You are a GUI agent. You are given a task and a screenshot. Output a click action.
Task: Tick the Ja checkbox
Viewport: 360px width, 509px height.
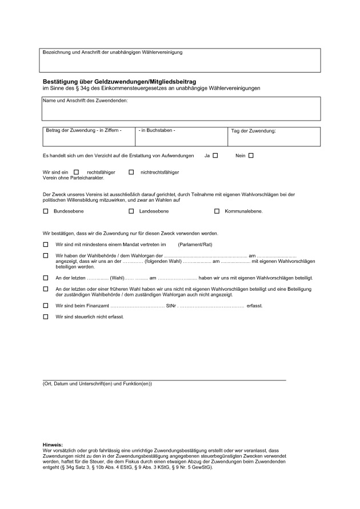pos(215,155)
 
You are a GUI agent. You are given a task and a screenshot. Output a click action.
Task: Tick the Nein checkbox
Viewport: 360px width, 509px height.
pos(250,155)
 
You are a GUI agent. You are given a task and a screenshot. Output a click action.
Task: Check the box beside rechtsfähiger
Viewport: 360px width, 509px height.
pos(77,171)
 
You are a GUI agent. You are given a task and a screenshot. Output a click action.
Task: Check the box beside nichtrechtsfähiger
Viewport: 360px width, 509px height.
pos(131,171)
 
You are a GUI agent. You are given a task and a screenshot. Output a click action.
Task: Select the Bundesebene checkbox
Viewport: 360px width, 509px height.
pos(46,211)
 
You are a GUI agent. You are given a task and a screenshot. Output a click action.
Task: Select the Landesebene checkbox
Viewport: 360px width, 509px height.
pos(131,211)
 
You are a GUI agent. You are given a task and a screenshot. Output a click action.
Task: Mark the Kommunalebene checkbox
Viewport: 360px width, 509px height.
pos(217,211)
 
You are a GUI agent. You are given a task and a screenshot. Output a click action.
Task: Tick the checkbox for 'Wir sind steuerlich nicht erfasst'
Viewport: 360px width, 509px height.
pos(46,316)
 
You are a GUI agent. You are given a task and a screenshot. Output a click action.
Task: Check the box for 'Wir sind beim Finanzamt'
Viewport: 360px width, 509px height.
pos(46,306)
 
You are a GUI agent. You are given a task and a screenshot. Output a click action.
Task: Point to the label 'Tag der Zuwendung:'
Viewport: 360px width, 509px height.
pos(253,131)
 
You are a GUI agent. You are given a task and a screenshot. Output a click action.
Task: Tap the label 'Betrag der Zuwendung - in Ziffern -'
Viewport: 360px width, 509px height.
pos(83,131)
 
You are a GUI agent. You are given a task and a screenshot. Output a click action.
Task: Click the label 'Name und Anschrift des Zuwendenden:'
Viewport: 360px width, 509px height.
pos(86,101)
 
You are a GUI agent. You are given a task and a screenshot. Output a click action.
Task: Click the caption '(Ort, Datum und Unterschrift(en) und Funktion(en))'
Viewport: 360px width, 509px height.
pos(97,383)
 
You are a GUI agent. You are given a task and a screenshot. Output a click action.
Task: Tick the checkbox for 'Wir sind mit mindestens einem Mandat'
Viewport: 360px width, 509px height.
pos(46,245)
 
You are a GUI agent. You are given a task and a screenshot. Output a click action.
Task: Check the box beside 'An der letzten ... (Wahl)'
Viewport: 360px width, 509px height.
pos(46,277)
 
